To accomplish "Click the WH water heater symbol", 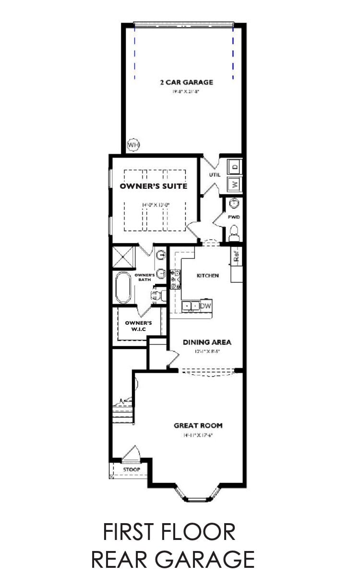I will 133,144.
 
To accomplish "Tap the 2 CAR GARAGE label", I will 186,82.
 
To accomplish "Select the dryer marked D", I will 235,167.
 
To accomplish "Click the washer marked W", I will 235,184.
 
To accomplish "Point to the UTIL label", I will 215,175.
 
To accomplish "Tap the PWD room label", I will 234,217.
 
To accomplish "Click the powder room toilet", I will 234,235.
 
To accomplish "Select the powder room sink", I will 234,203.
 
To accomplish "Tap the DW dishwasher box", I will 206,306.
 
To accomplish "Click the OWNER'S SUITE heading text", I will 153,186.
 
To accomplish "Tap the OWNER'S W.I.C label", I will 138,326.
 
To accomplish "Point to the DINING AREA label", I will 207,343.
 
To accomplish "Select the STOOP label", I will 131,469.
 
